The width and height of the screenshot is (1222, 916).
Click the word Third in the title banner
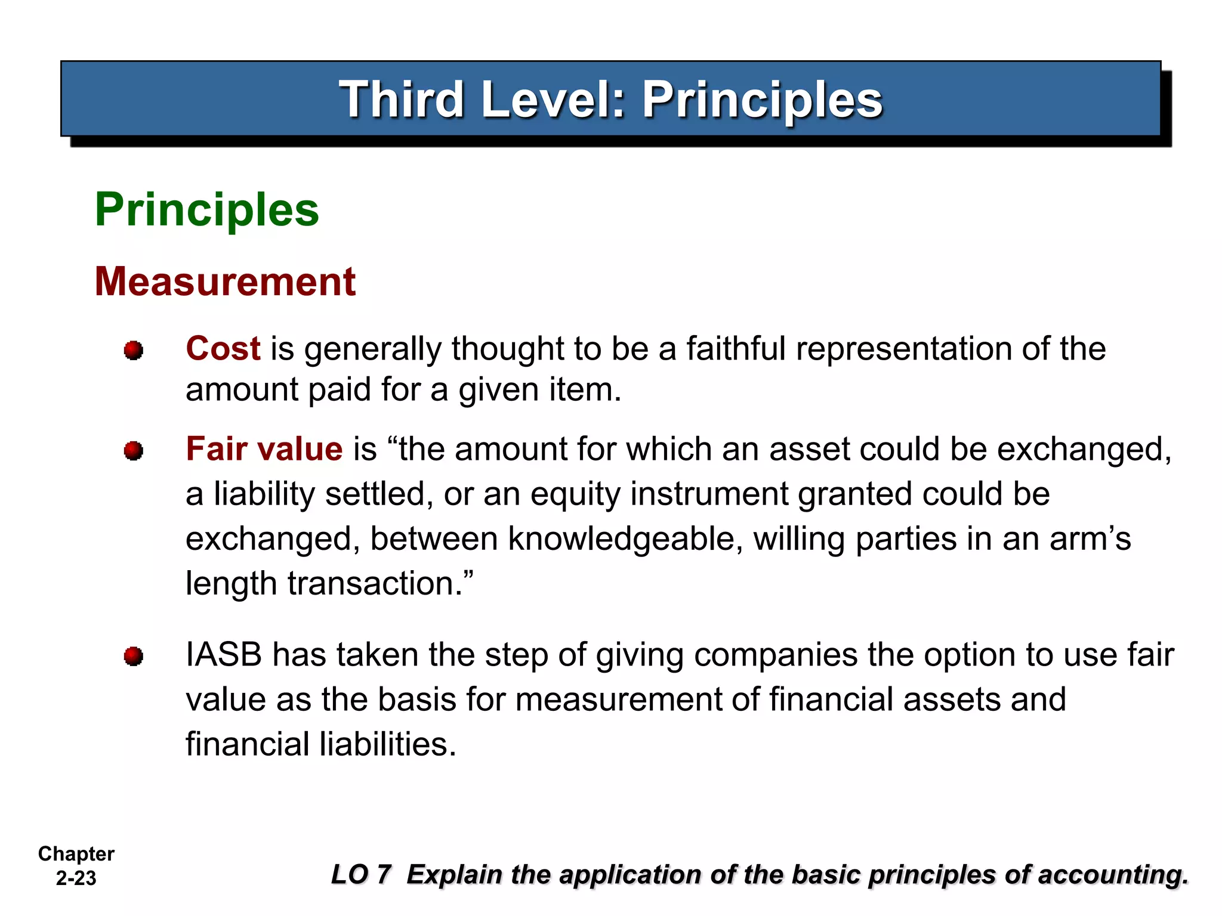[401, 100]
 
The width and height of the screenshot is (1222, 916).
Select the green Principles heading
[207, 210]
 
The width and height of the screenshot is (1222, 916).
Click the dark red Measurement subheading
[225, 281]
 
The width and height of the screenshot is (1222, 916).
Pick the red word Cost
[223, 348]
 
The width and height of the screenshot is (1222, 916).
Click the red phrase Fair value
[264, 449]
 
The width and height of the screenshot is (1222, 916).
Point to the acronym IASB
[224, 655]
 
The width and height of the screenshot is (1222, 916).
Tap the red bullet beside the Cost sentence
[134, 350]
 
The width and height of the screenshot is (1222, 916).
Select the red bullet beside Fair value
[134, 451]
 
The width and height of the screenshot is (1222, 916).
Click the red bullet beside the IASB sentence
[134, 657]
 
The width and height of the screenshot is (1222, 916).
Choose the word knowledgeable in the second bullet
[625, 539]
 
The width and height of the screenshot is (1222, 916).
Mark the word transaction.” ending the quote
[381, 583]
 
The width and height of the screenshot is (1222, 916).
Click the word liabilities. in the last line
[388, 744]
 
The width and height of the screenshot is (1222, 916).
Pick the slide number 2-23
[76, 878]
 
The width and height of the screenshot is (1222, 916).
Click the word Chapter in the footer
[76, 854]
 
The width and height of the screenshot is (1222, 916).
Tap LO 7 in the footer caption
[361, 875]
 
